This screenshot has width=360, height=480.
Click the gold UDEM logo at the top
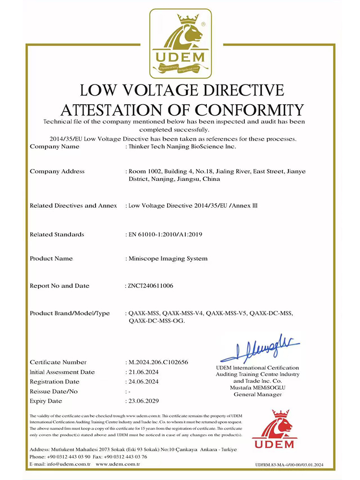pyautogui.click(x=180, y=43)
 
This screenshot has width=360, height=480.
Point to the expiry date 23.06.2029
pyautogui.click(x=144, y=401)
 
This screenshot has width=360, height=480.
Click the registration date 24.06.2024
pyautogui.click(x=144, y=382)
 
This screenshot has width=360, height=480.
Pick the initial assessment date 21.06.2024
pyautogui.click(x=144, y=372)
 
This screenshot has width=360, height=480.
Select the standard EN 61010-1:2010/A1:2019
pyautogui.click(x=164, y=234)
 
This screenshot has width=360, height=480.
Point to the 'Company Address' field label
pyautogui.click(x=57, y=171)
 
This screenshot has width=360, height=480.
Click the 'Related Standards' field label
pyautogui.click(x=57, y=234)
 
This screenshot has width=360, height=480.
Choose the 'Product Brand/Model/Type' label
pyautogui.click(x=70, y=313)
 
